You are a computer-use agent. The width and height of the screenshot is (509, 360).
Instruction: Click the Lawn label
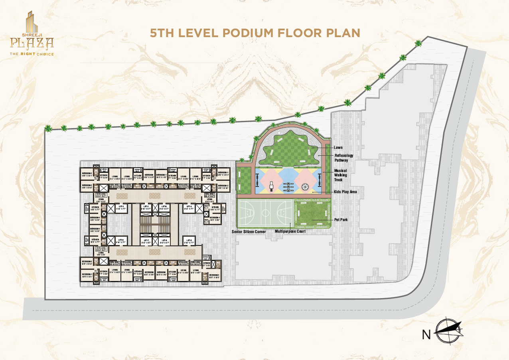point(338,148)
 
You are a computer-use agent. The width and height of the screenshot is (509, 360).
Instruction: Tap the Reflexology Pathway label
point(343,158)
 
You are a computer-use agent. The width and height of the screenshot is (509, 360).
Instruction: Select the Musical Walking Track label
point(340,175)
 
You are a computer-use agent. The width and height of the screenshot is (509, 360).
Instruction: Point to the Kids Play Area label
point(345,192)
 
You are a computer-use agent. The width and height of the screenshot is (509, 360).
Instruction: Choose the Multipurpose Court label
point(290,231)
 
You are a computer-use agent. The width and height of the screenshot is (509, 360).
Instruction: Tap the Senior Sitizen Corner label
point(249,231)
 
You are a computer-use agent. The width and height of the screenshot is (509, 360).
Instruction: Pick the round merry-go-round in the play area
point(305,186)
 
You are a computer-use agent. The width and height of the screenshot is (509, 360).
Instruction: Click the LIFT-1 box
point(121,208)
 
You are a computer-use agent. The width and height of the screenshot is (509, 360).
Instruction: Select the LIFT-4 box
point(188,208)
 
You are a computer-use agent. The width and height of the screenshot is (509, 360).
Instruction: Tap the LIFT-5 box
point(121,241)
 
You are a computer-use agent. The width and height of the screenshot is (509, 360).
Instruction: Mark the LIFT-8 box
point(188,241)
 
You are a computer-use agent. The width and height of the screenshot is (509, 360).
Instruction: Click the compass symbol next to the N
point(448,331)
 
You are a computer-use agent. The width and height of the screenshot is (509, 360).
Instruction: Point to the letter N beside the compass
point(426,335)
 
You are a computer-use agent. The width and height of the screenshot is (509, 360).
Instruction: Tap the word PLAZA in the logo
point(32,42)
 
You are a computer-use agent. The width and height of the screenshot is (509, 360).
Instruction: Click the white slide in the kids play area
point(271,186)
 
